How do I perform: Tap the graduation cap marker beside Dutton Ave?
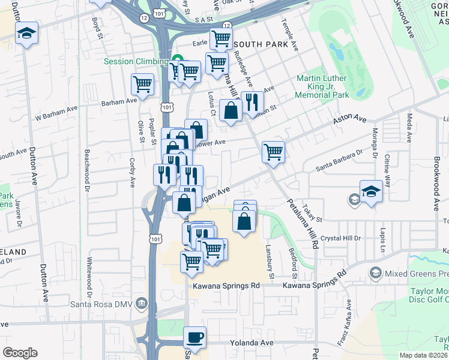(26, 32)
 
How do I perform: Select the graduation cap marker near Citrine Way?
(372, 191)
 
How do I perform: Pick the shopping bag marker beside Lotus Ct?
(231, 110)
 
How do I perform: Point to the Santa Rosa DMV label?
(106, 301)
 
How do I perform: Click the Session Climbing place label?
(136, 61)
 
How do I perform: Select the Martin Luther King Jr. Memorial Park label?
(322, 86)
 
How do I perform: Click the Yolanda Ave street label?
(252, 343)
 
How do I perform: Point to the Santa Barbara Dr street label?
(339, 158)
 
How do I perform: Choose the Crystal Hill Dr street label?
(340, 238)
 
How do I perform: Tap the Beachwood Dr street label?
(88, 171)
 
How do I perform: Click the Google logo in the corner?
(20, 352)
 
